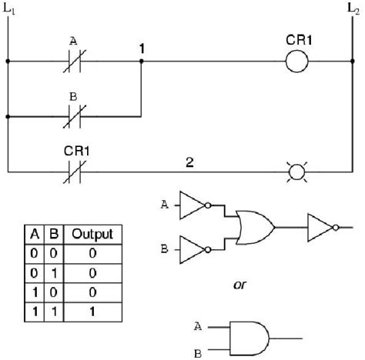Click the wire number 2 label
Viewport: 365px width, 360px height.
189,162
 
